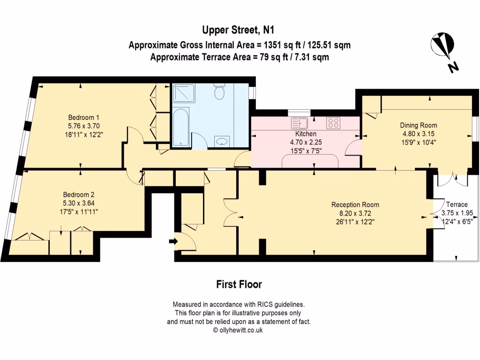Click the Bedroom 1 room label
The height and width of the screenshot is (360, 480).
(x=83, y=118)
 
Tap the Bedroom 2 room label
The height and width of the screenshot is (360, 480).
(x=78, y=195)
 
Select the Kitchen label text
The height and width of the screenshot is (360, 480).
(x=306, y=134)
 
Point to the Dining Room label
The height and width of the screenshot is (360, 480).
(x=419, y=125)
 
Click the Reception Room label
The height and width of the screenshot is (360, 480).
(x=355, y=205)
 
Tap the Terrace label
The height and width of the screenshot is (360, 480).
(x=457, y=204)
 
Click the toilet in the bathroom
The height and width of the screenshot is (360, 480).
(x=219, y=91)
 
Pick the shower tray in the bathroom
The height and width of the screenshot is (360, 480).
(x=183, y=93)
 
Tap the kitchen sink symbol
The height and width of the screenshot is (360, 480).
(x=300, y=123)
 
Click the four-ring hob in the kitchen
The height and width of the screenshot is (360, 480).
(x=333, y=123)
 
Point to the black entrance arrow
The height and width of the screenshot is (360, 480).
(x=173, y=241)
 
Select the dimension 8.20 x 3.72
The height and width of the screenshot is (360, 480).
(x=355, y=213)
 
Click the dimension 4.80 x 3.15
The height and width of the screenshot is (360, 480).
(x=419, y=134)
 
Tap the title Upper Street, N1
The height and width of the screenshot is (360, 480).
(x=238, y=30)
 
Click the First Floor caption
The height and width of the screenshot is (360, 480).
(x=239, y=285)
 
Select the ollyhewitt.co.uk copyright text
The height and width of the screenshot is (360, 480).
(x=238, y=330)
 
